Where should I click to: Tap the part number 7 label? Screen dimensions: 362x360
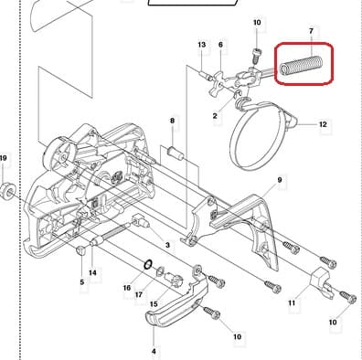(x=311, y=31)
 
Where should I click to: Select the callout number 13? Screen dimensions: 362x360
(x=202, y=45)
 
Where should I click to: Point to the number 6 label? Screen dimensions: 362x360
(x=220, y=45)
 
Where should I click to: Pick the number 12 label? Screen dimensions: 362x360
(x=323, y=124)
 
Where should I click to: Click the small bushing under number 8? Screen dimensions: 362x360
(x=176, y=154)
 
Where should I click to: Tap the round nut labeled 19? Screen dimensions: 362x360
(x=7, y=190)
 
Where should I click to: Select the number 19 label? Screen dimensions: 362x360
(x=4, y=158)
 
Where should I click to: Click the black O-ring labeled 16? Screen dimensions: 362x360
(x=148, y=264)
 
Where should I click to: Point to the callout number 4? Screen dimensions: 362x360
(x=154, y=351)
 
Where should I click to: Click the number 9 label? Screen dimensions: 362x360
(x=280, y=180)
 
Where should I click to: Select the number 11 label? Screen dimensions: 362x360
(x=292, y=302)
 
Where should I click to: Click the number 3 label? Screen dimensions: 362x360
(x=167, y=245)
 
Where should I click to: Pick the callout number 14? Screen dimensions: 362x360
(x=92, y=272)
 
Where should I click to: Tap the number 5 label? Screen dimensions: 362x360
(x=81, y=282)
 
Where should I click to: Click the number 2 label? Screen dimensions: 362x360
(x=215, y=116)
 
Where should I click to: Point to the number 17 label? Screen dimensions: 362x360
(x=139, y=294)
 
